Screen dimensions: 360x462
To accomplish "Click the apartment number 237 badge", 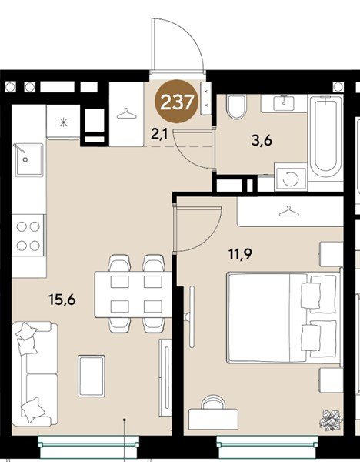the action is (x=177, y=102).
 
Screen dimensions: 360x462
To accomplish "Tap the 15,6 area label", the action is (x=62, y=300).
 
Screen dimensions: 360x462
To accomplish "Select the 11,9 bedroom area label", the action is (x=241, y=253).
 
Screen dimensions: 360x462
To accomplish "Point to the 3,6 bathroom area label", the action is (x=262, y=141).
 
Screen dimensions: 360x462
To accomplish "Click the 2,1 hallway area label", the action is (x=159, y=134).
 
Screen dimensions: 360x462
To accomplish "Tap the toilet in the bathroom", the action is (x=236, y=107).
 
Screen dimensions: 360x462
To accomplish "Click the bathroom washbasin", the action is (x=284, y=103).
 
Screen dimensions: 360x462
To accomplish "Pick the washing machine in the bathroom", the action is (x=291, y=178).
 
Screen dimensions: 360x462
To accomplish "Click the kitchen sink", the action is (x=29, y=159).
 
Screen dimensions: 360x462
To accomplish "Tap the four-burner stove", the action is (x=28, y=236).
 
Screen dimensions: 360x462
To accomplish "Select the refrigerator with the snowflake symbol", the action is (x=63, y=122).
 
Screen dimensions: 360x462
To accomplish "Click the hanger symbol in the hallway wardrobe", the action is (x=127, y=113).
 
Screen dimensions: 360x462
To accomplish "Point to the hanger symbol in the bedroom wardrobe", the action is (x=289, y=211).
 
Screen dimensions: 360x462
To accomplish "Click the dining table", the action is (x=133, y=294).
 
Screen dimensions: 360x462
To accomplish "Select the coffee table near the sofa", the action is (x=92, y=376).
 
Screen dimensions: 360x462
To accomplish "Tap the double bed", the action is (x=285, y=317).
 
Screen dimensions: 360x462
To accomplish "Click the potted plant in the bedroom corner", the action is (x=331, y=419).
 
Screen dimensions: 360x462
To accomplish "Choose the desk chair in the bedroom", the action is (x=213, y=403).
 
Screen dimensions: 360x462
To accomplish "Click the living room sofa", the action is (x=35, y=374).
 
